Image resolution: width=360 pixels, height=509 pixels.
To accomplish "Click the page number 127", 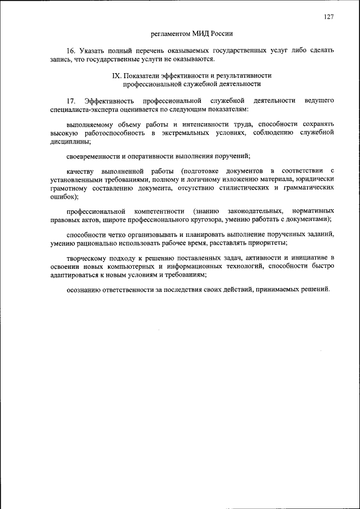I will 329,17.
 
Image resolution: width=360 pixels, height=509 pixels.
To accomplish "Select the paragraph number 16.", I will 70,51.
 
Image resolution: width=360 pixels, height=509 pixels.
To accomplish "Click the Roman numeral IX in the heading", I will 118,75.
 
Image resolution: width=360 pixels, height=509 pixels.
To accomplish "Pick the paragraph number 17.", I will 70,100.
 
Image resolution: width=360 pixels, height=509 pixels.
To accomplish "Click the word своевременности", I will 93,157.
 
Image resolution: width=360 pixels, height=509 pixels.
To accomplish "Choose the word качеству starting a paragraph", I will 80,171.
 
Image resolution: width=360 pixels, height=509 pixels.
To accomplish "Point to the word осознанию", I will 84,290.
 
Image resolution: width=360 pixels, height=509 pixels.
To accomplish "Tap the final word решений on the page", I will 314,290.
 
